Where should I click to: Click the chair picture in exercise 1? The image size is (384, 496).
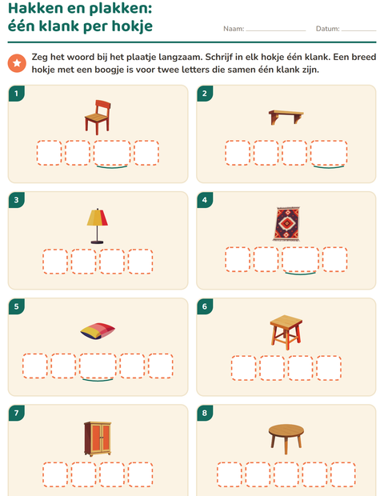[98, 117]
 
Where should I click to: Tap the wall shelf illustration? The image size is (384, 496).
[286, 117]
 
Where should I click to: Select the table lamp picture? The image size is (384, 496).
[97, 226]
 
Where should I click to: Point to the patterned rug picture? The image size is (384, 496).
[286, 224]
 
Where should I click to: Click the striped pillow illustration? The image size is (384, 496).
[98, 331]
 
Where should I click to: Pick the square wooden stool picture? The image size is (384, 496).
[286, 332]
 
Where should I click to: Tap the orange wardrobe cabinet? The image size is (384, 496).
[98, 438]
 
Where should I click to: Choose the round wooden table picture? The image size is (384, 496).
[286, 438]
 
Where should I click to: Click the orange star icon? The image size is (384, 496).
[17, 63]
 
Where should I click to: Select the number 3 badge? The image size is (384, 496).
[17, 200]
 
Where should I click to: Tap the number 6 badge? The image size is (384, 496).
[205, 306]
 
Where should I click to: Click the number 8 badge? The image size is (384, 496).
[205, 413]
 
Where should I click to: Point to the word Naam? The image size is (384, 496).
[234, 29]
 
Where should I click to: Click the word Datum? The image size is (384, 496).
[328, 29]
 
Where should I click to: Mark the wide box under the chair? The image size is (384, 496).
[112, 153]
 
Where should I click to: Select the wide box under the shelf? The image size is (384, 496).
[329, 153]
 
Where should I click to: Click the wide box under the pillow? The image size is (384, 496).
[98, 366]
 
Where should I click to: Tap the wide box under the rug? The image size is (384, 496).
[301, 259]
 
